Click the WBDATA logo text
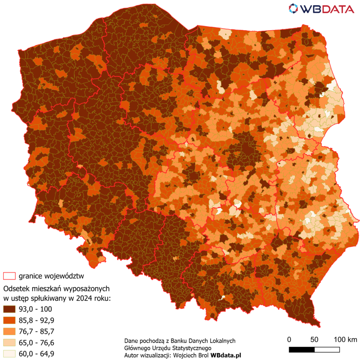pos(327,8)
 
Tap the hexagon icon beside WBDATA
pos(294,8)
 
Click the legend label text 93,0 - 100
pos(36,309)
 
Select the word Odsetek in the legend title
pos(16,289)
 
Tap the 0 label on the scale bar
pos(289,340)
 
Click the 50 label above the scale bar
pos(314,340)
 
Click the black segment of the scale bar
pos(302,350)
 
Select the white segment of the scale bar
pos(327,350)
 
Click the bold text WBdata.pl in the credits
pos(226,355)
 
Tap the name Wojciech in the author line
pos(185,355)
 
